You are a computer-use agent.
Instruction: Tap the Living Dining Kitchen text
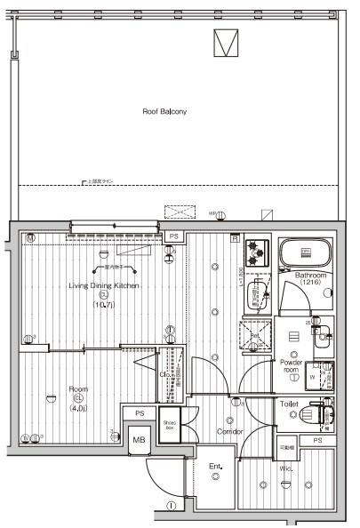103,285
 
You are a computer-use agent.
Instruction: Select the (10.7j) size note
104,305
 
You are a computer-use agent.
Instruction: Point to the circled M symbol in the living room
29,237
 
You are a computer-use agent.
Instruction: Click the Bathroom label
311,276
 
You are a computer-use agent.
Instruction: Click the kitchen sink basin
257,292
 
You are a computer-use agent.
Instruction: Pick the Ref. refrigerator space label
254,335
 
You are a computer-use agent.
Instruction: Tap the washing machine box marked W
311,375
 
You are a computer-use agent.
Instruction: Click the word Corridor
230,431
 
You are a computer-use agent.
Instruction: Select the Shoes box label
170,424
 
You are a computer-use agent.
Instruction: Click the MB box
139,439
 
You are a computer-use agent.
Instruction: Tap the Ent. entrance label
215,466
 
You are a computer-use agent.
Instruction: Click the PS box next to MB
139,413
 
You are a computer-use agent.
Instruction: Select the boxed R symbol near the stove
234,238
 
